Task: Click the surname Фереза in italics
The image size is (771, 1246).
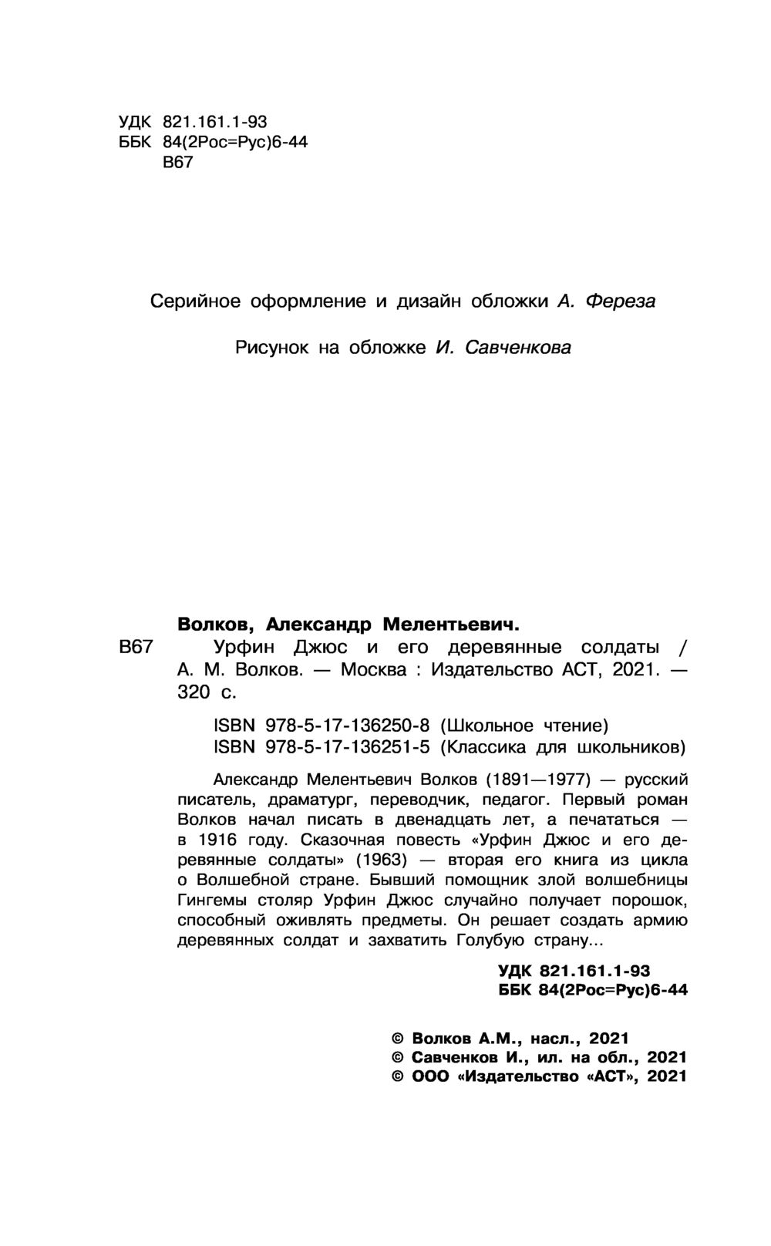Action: click(x=620, y=301)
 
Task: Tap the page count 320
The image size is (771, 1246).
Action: click(x=194, y=692)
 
